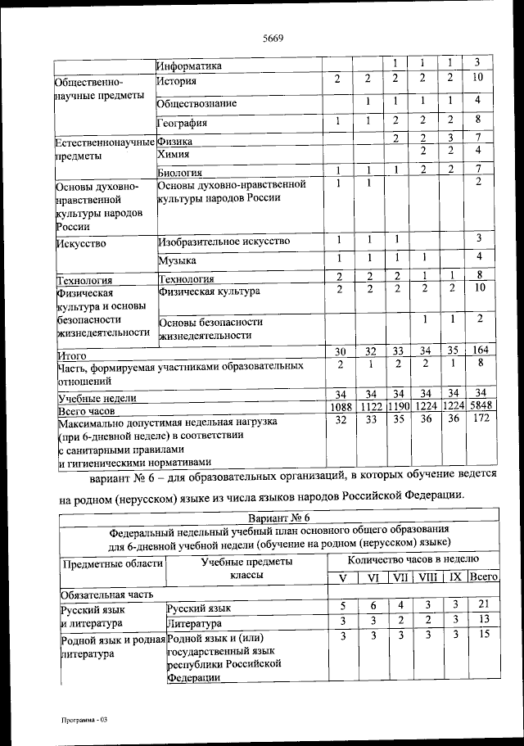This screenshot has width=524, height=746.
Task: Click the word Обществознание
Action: (197, 103)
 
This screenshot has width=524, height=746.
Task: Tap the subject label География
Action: (183, 124)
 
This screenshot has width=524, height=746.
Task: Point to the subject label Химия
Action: (174, 153)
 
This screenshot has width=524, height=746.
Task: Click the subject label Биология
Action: (180, 173)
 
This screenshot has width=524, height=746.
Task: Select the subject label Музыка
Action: (178, 261)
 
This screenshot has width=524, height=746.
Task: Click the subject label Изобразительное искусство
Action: (225, 242)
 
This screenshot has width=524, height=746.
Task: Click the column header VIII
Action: (427, 577)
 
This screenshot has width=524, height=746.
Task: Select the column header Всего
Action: (483, 577)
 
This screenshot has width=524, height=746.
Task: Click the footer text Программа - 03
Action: (84, 718)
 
